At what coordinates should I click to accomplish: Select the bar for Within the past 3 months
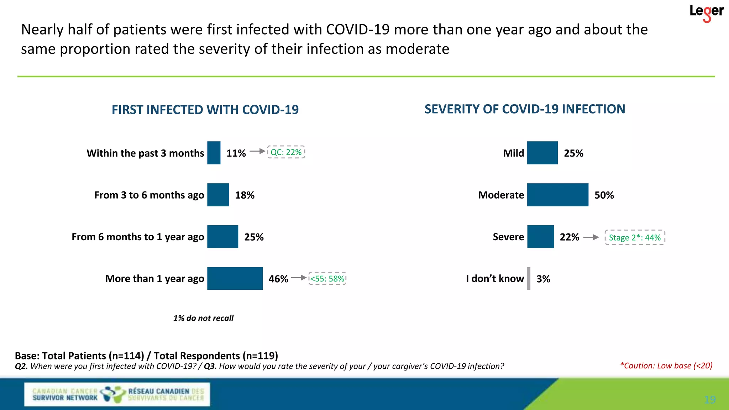point(214,153)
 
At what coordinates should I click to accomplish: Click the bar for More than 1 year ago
point(235,278)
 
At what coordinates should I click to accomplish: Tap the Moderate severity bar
point(558,195)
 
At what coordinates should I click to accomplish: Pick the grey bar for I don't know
point(529,278)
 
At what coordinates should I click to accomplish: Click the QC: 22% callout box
point(286,152)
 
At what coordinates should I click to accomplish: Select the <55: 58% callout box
point(327,278)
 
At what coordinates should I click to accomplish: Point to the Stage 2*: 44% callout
point(635,237)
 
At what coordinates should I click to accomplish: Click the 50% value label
point(604,195)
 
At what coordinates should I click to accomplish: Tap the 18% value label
point(245,195)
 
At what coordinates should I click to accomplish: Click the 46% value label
point(278,279)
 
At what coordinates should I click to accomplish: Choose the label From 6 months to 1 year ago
point(138,237)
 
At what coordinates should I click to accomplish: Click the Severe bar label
point(508,237)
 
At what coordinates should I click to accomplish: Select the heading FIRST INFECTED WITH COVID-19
point(205,110)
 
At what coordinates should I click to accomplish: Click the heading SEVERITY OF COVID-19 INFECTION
point(525,109)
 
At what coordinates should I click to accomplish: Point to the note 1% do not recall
point(203,318)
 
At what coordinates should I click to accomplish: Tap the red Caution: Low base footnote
point(666,366)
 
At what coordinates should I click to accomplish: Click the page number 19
point(710,400)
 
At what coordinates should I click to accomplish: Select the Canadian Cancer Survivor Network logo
point(117,394)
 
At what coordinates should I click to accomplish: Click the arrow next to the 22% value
point(591,237)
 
